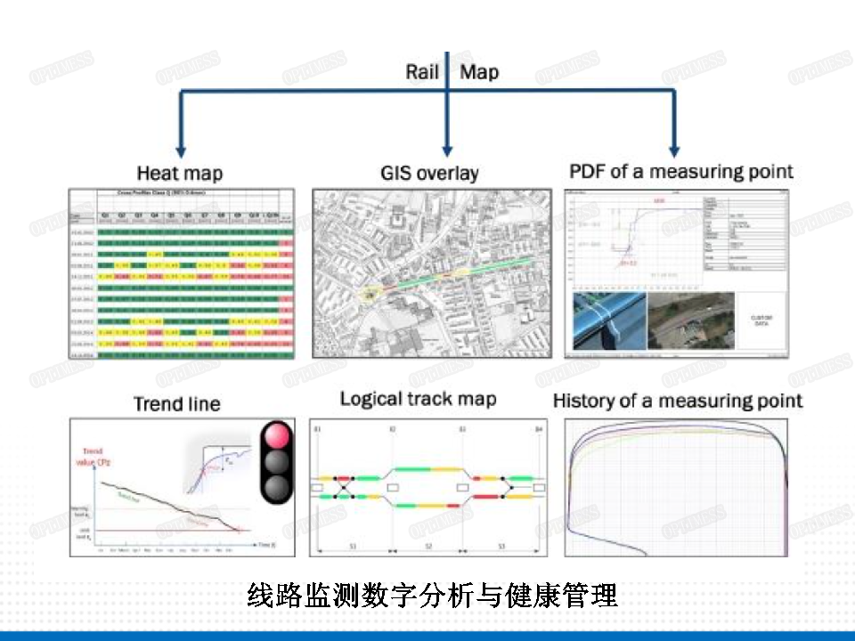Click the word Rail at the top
pyautogui.click(x=422, y=71)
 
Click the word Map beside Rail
pyautogui.click(x=479, y=71)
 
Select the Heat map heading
pyautogui.click(x=179, y=172)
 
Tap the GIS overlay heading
pyautogui.click(x=429, y=173)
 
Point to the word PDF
pyautogui.click(x=586, y=170)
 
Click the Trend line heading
pyautogui.click(x=176, y=403)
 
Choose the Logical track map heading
pyautogui.click(x=418, y=398)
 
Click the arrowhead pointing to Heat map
pyautogui.click(x=181, y=151)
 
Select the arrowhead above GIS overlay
pyautogui.click(x=447, y=150)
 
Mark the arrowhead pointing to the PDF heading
pyautogui.click(x=673, y=150)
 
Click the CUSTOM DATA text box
pyautogui.click(x=762, y=320)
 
